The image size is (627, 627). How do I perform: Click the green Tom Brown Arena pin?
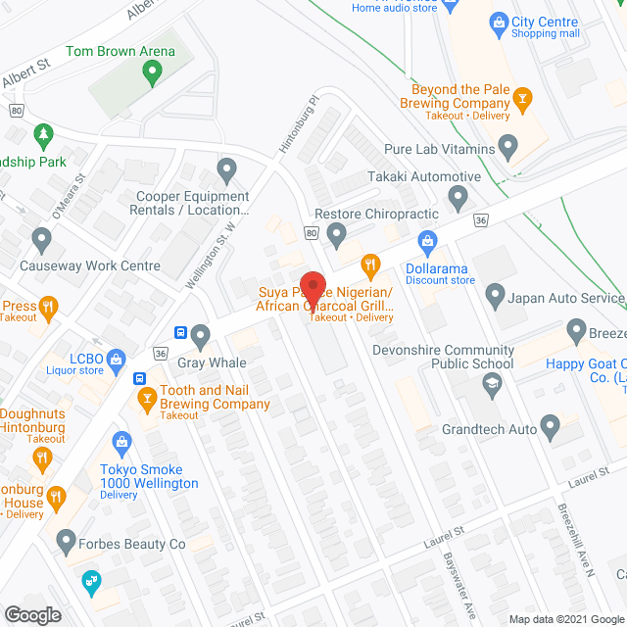click(x=151, y=71)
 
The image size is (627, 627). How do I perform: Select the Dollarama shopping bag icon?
click(x=427, y=241)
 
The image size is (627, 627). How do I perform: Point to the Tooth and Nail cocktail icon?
click(x=147, y=398)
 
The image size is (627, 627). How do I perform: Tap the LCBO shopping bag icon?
click(x=116, y=360)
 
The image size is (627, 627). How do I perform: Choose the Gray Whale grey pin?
click(x=202, y=337)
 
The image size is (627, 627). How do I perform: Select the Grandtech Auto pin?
click(x=550, y=426)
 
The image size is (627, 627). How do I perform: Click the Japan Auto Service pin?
click(x=495, y=294)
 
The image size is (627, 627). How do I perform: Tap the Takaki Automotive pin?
click(x=458, y=199)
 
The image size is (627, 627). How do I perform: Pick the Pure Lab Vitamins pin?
click(x=507, y=148)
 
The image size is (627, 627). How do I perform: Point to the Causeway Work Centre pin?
click(x=41, y=240)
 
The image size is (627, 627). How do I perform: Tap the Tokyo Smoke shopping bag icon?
click(x=121, y=443)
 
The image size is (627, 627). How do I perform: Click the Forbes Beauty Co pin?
click(x=66, y=540)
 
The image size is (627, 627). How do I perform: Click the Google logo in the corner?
click(x=31, y=614)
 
